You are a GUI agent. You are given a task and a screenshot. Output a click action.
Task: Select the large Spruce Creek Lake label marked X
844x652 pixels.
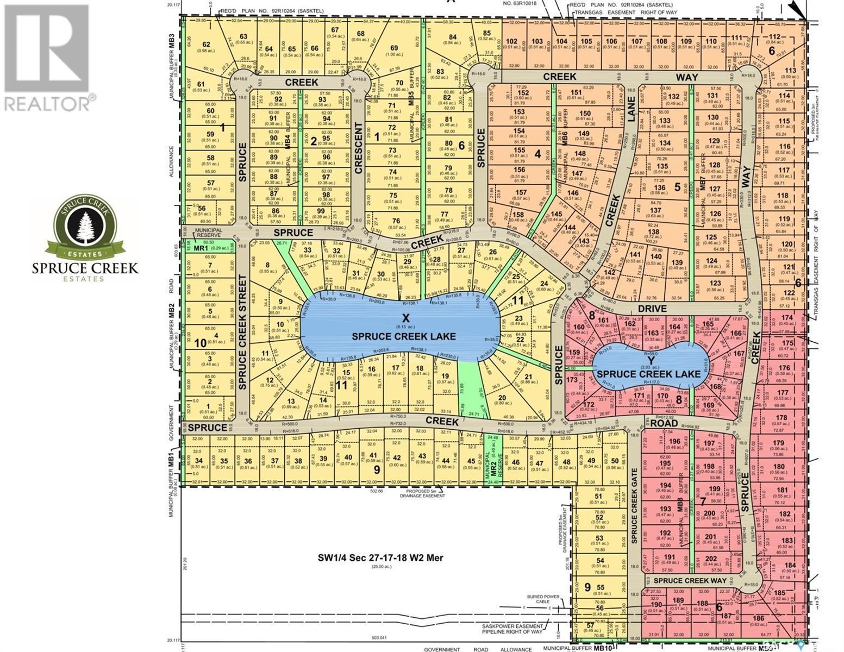point(403,329)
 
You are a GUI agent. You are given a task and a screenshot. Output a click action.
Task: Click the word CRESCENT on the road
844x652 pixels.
point(358,148)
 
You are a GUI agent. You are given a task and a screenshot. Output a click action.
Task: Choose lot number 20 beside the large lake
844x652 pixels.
point(501,398)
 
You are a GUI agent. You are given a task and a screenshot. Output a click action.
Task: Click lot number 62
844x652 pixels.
point(206,45)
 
